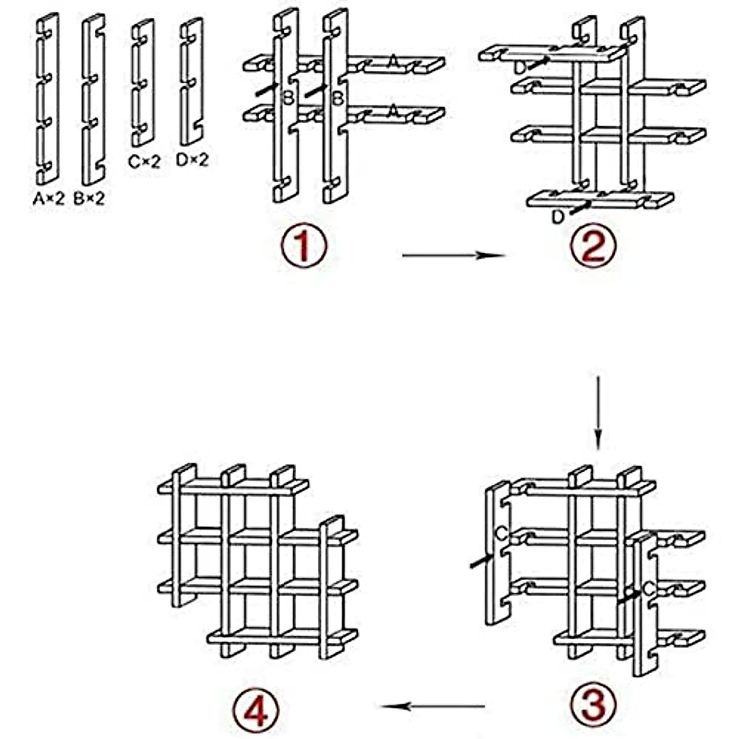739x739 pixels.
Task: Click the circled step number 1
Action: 303,246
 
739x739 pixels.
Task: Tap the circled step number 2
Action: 593,246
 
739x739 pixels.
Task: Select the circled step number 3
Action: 593,703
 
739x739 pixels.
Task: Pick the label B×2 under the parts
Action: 89,199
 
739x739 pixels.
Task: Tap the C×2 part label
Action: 144,162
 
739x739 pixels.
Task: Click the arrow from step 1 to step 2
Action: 453,254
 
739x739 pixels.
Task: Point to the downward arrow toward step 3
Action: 597,413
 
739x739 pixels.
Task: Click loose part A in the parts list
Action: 47,99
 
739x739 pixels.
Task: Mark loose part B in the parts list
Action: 93,99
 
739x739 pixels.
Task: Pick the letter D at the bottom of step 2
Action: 558,217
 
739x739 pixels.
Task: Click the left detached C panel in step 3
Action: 498,554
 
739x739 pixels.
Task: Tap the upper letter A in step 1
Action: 394,61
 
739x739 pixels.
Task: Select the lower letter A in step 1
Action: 394,111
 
